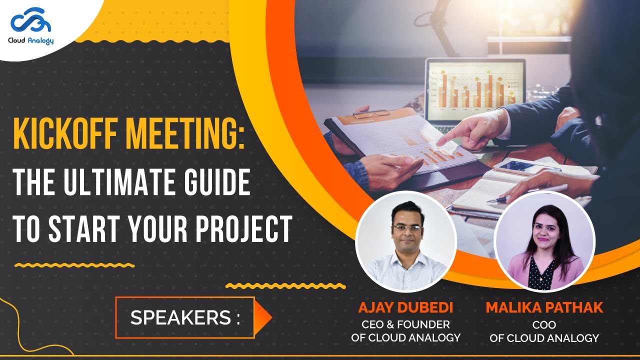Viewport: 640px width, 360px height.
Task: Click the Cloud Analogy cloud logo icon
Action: [31, 23]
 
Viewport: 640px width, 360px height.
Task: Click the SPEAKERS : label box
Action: [185, 318]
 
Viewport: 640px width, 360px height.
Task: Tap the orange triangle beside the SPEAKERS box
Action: [263, 318]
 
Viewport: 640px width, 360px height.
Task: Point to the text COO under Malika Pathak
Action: [544, 325]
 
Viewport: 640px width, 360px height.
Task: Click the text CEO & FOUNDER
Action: [405, 325]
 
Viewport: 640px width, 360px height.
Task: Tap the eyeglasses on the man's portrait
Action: [406, 228]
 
